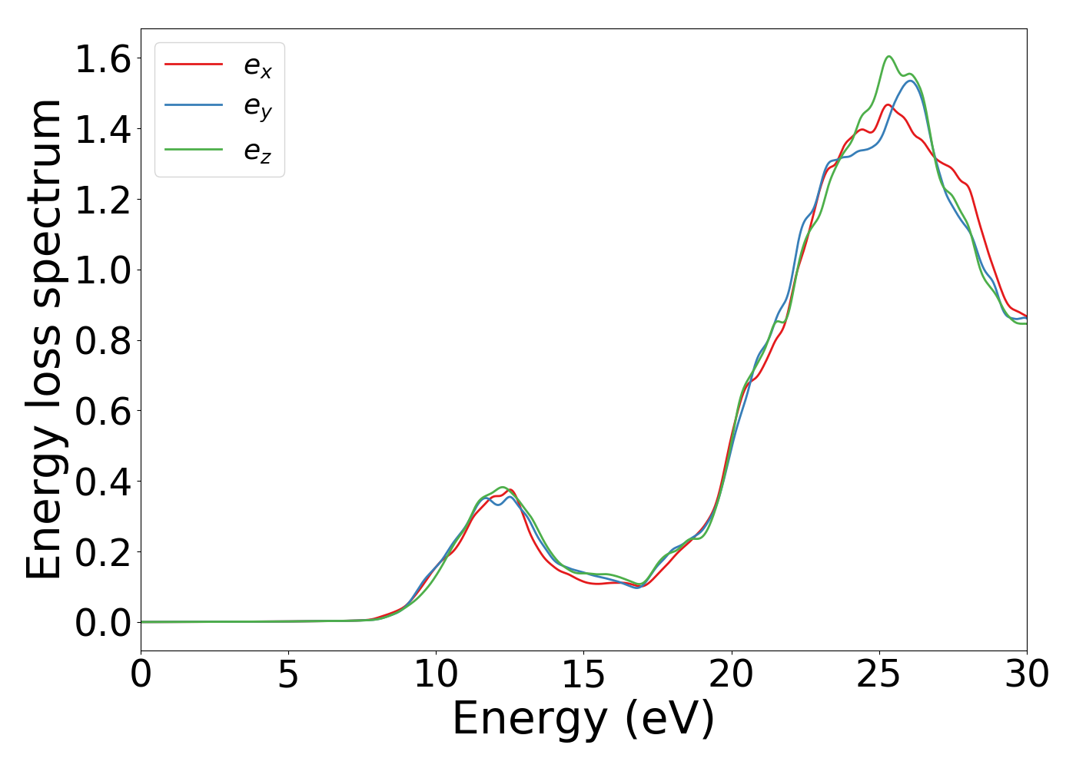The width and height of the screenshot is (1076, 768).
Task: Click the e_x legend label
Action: pyautogui.click(x=257, y=67)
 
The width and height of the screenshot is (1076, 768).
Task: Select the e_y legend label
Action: pyautogui.click(x=257, y=108)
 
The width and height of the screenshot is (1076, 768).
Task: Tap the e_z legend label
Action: pyautogui.click(x=257, y=151)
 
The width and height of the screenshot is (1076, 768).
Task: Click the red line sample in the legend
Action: pyautogui.click(x=194, y=64)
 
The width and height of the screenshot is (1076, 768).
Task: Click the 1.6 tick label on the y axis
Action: pyautogui.click(x=103, y=59)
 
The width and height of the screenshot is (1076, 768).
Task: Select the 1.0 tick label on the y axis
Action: pyautogui.click(x=103, y=270)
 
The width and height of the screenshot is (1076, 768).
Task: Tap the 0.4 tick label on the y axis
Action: pyautogui.click(x=103, y=482)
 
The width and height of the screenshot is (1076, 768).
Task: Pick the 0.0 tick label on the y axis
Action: pyautogui.click(x=103, y=623)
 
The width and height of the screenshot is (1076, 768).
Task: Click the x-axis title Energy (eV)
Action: pyautogui.click(x=583, y=720)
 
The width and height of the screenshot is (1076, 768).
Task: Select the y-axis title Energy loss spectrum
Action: pyautogui.click(x=44, y=339)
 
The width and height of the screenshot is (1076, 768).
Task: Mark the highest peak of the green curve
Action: pyautogui.click(x=888, y=56)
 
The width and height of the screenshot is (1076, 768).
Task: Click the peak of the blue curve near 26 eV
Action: pyautogui.click(x=910, y=81)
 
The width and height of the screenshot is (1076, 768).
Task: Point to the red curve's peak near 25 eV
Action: pyautogui.click(x=888, y=104)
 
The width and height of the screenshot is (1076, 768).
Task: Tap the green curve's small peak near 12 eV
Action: pyautogui.click(x=502, y=487)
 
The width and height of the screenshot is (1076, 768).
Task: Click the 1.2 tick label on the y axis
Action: pyautogui.click(x=103, y=200)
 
